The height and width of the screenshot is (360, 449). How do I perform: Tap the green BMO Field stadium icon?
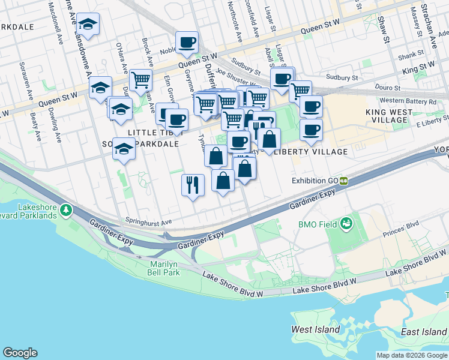point(346,224)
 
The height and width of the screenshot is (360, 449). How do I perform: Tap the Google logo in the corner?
point(20,353)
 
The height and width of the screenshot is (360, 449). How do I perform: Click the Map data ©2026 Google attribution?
point(412,355)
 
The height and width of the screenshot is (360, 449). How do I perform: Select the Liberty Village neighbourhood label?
point(310,152)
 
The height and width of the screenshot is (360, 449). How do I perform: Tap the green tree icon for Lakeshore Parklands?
point(66,211)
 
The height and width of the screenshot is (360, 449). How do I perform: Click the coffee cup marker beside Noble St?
point(187,42)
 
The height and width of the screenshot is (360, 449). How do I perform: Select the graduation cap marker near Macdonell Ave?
point(88,24)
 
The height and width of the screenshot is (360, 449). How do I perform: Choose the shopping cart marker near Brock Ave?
point(141,79)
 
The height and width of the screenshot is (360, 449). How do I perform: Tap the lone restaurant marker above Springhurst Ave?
point(193,184)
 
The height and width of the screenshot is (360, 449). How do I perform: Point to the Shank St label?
point(411,58)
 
